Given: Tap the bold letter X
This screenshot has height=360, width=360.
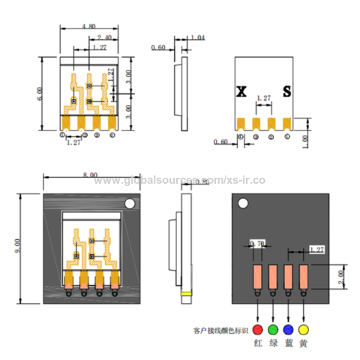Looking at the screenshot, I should pyautogui.click(x=241, y=91).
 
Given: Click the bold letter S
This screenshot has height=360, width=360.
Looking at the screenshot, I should pyautogui.click(x=286, y=91).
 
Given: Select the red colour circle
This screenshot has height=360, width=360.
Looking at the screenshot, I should pyautogui.click(x=258, y=328).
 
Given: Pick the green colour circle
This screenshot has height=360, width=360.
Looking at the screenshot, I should pyautogui.click(x=273, y=328).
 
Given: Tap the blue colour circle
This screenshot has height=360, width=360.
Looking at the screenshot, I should pyautogui.click(x=288, y=328).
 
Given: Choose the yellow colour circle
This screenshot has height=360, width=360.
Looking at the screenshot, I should pyautogui.click(x=303, y=328).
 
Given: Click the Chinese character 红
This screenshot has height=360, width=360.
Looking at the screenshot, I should pyautogui.click(x=258, y=343).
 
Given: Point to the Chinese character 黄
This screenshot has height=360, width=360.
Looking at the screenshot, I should pyautogui.click(x=303, y=343).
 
